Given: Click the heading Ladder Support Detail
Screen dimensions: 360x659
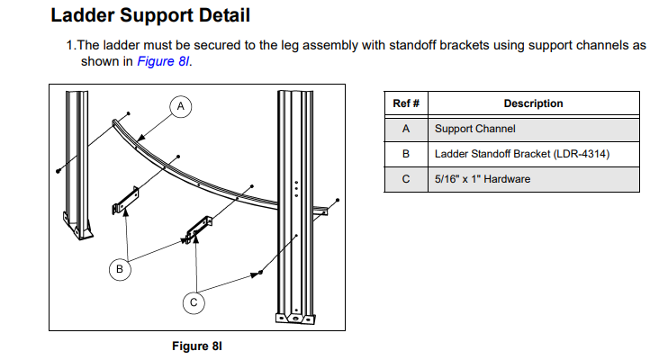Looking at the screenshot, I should (150, 15).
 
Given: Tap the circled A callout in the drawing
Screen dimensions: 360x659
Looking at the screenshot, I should (180, 106).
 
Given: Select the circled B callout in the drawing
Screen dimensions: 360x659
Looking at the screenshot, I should (119, 267).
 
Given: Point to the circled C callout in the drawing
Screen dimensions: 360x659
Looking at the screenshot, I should (192, 303).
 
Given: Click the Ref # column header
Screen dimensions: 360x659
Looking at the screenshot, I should (406, 103).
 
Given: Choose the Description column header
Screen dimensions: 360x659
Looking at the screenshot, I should (533, 103).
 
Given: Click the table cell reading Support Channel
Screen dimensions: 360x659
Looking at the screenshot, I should (474, 129).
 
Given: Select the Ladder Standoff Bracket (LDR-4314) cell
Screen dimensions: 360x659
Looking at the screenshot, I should (522, 154).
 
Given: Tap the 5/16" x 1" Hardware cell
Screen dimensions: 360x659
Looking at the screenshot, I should (483, 179).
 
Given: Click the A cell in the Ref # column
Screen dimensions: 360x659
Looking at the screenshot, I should (406, 129).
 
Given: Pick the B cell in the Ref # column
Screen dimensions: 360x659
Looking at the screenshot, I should (406, 154).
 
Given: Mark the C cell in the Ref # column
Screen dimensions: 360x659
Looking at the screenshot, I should (406, 179).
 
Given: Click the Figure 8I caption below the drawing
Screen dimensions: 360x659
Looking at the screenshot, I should (195, 345).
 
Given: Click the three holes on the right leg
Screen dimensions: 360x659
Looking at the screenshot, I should (296, 186).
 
